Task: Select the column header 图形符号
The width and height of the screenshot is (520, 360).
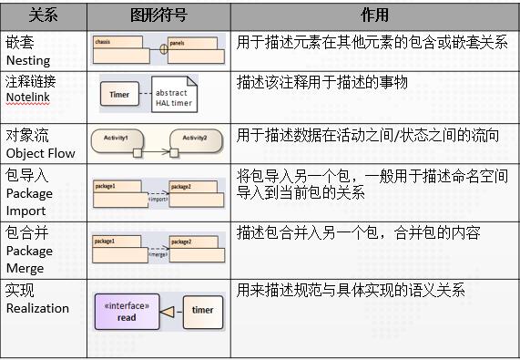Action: pos(158,15)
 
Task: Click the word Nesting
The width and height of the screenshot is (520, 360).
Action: pos(28,59)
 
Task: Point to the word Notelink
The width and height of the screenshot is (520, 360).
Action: pos(31,98)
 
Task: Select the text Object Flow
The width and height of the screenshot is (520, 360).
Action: pos(39,155)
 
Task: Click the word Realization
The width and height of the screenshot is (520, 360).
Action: pos(37,308)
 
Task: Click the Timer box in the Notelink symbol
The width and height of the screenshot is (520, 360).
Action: pos(119,95)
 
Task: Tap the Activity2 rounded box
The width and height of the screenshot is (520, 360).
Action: pos(194,139)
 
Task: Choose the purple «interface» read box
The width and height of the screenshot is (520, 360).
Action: pos(127,312)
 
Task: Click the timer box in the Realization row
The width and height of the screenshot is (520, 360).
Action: pos(202,311)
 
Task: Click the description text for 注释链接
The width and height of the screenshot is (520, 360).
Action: pos(321,82)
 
